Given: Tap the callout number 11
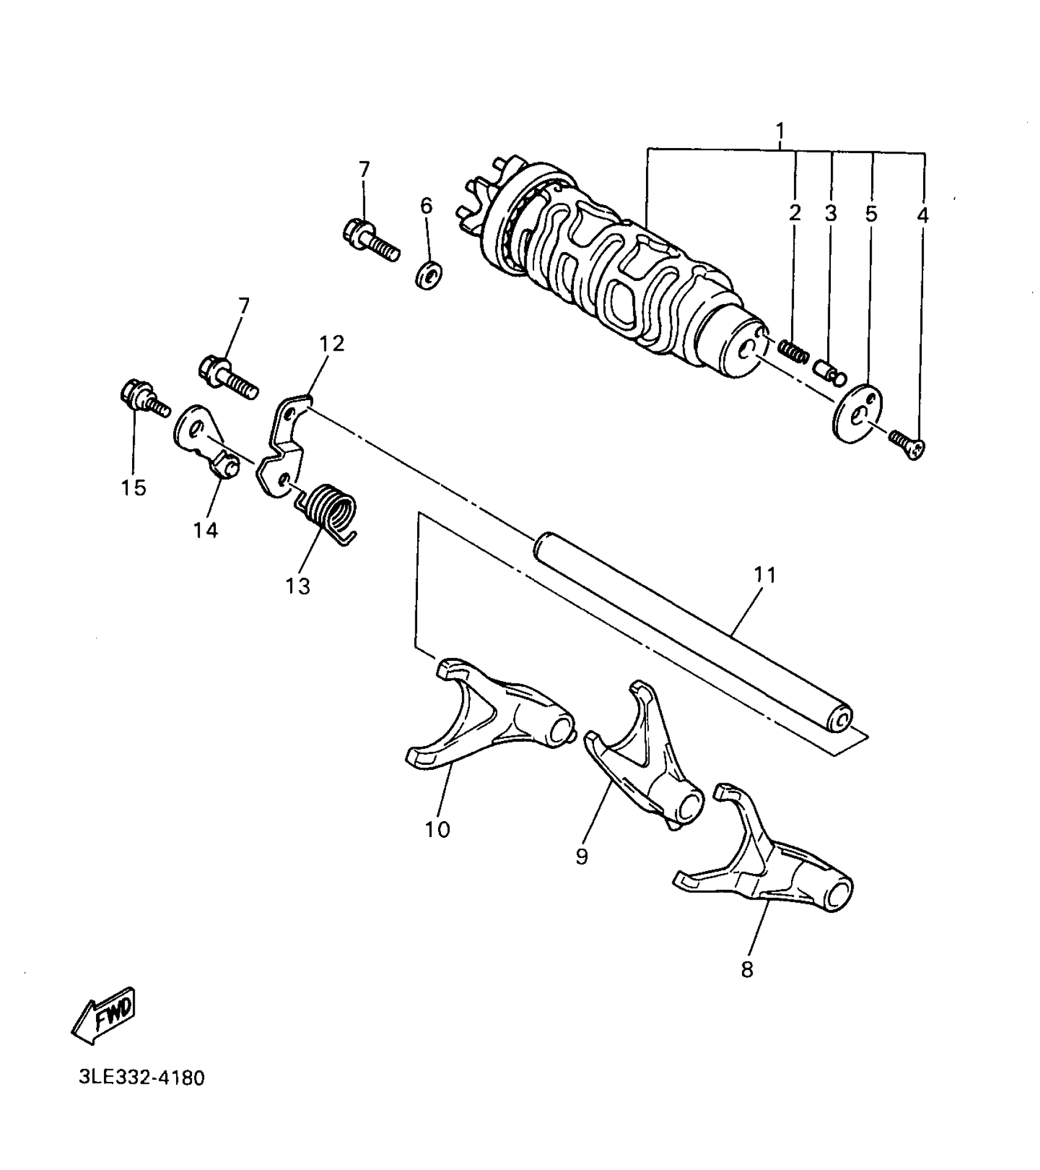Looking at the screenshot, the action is (x=765, y=575).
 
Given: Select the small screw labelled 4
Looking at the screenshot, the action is (x=907, y=444).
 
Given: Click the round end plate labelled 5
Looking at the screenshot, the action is (x=858, y=411).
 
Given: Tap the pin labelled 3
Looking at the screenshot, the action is (x=830, y=370).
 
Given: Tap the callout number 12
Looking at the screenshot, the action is (x=332, y=343).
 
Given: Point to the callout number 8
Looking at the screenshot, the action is (x=747, y=969).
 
